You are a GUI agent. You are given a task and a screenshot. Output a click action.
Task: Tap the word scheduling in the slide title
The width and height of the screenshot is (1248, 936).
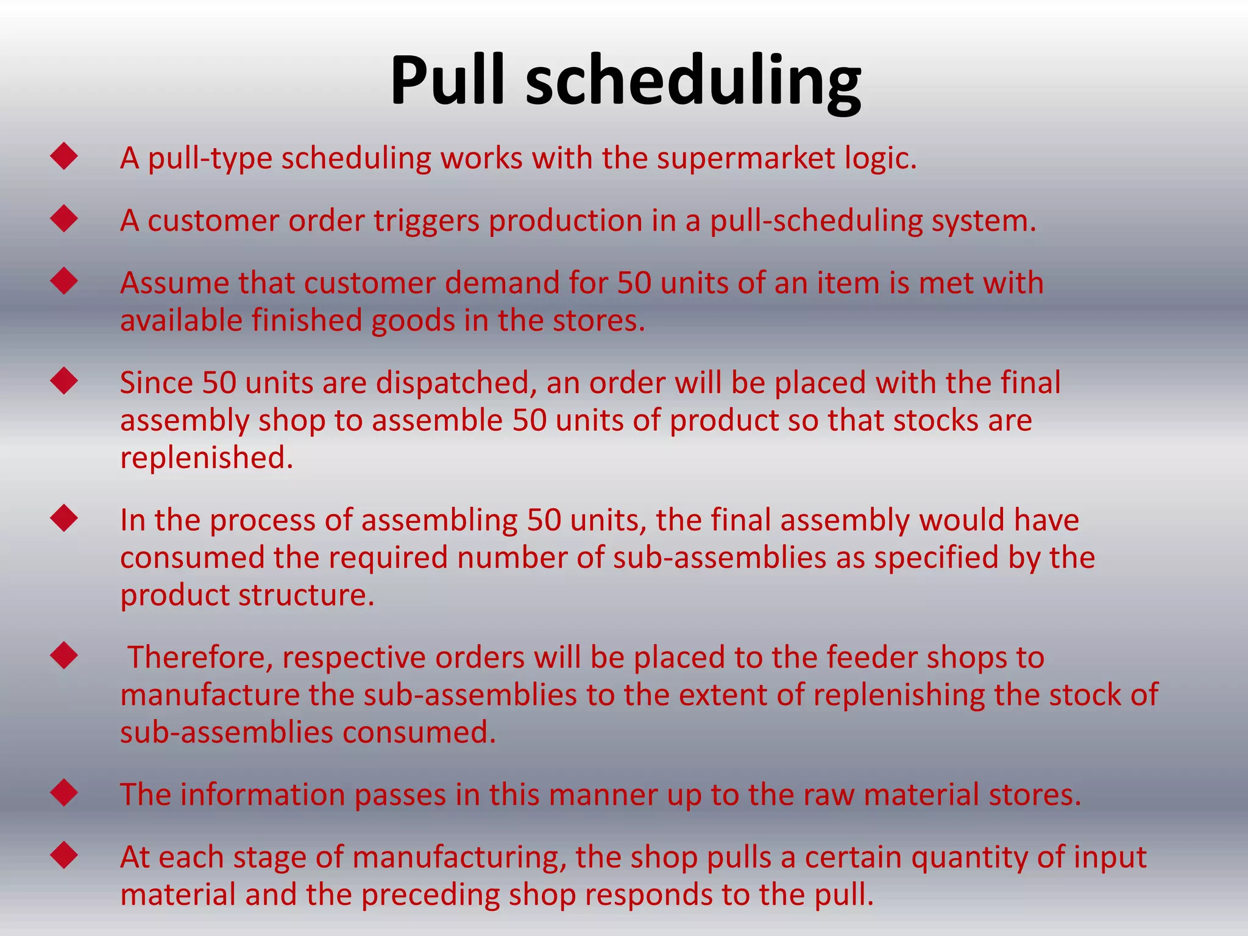[693, 84]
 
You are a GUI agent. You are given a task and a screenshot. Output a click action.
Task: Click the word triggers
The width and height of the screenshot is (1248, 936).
[427, 221]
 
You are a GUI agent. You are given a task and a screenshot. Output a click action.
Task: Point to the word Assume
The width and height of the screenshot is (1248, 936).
[174, 283]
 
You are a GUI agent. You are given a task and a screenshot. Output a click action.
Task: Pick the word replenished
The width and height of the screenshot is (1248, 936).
[207, 458]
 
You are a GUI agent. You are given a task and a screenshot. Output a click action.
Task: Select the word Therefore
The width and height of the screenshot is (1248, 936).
[200, 658]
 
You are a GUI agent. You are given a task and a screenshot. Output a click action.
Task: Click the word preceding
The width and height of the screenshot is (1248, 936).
[439, 895]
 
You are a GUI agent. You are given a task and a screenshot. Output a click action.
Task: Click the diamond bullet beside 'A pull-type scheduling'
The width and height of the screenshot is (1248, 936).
[64, 157]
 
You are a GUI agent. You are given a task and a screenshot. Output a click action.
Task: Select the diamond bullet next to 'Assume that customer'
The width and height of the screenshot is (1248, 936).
[64, 282]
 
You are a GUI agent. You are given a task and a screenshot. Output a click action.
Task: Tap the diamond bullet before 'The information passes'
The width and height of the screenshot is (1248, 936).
[64, 793]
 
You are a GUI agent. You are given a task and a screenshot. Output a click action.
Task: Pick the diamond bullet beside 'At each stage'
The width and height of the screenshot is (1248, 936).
[64, 855]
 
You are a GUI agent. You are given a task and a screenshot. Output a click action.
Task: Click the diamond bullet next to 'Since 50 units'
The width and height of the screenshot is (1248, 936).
[64, 381]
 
